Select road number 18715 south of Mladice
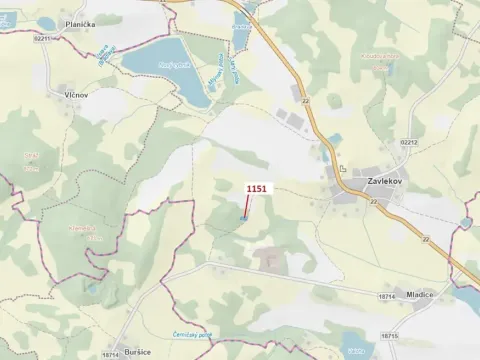coord(392,336)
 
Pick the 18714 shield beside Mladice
coord(388,296)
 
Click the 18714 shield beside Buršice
coord(111,354)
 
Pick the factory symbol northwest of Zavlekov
coord(342,170)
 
